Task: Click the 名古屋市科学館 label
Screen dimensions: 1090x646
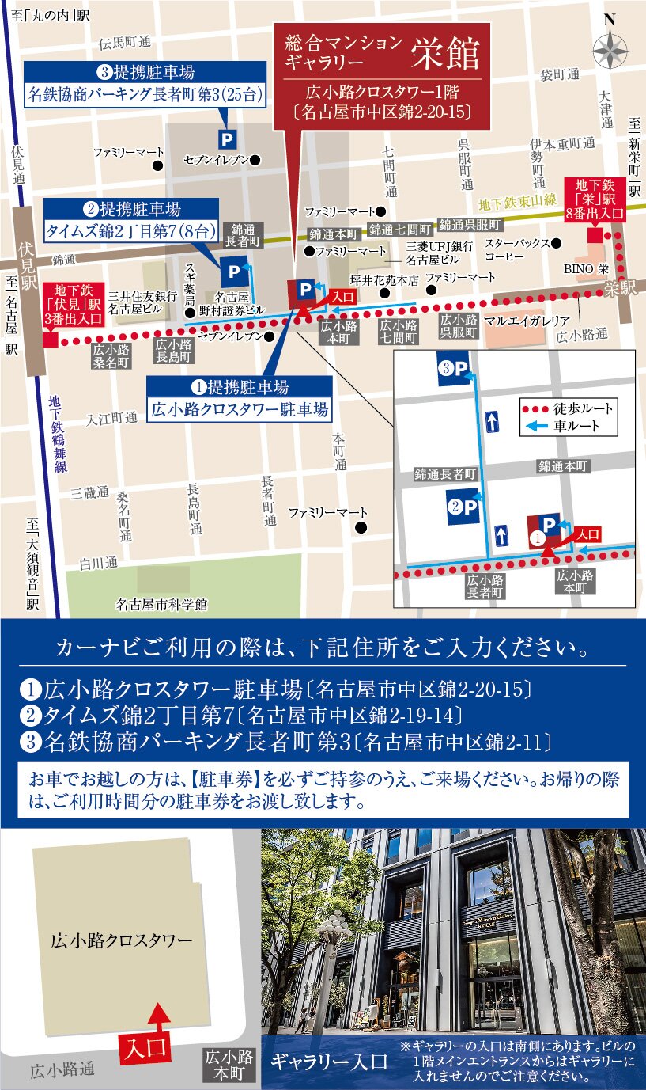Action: pos(161,605)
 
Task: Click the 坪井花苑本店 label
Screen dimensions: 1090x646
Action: pos(384,279)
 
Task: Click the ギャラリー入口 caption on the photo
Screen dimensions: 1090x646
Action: pos(329,1062)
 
